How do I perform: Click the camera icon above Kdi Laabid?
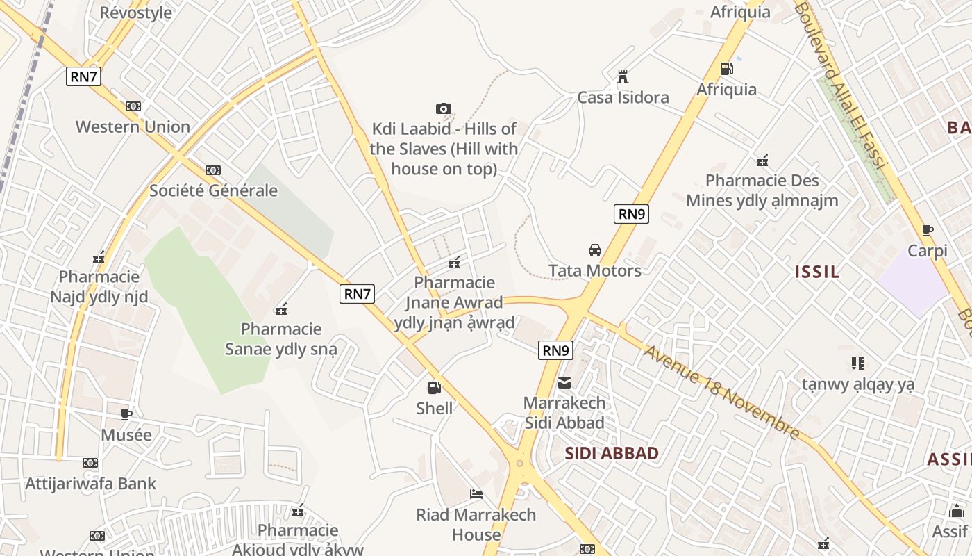(x=444, y=108)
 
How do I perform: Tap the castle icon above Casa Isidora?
(x=622, y=76)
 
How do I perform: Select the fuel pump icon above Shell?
(x=434, y=388)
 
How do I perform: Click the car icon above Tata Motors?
(x=595, y=250)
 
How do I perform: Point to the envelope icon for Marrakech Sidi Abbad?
(x=564, y=382)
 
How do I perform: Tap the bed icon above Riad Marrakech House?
(x=476, y=494)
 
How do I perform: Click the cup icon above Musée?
(x=126, y=415)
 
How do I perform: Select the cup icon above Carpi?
(x=928, y=231)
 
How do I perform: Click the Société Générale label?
(x=214, y=190)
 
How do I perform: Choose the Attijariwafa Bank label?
(x=91, y=484)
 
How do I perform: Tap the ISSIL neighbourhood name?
(x=817, y=272)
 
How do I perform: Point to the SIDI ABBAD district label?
(x=612, y=454)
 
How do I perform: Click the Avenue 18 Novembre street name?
(x=721, y=392)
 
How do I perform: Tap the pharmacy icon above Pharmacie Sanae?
(x=281, y=309)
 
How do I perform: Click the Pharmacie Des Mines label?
(x=762, y=190)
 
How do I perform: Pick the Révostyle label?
(x=136, y=13)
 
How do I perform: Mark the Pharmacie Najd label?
(x=99, y=287)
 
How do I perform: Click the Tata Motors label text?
(x=595, y=270)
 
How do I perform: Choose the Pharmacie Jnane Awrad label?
(x=455, y=302)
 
